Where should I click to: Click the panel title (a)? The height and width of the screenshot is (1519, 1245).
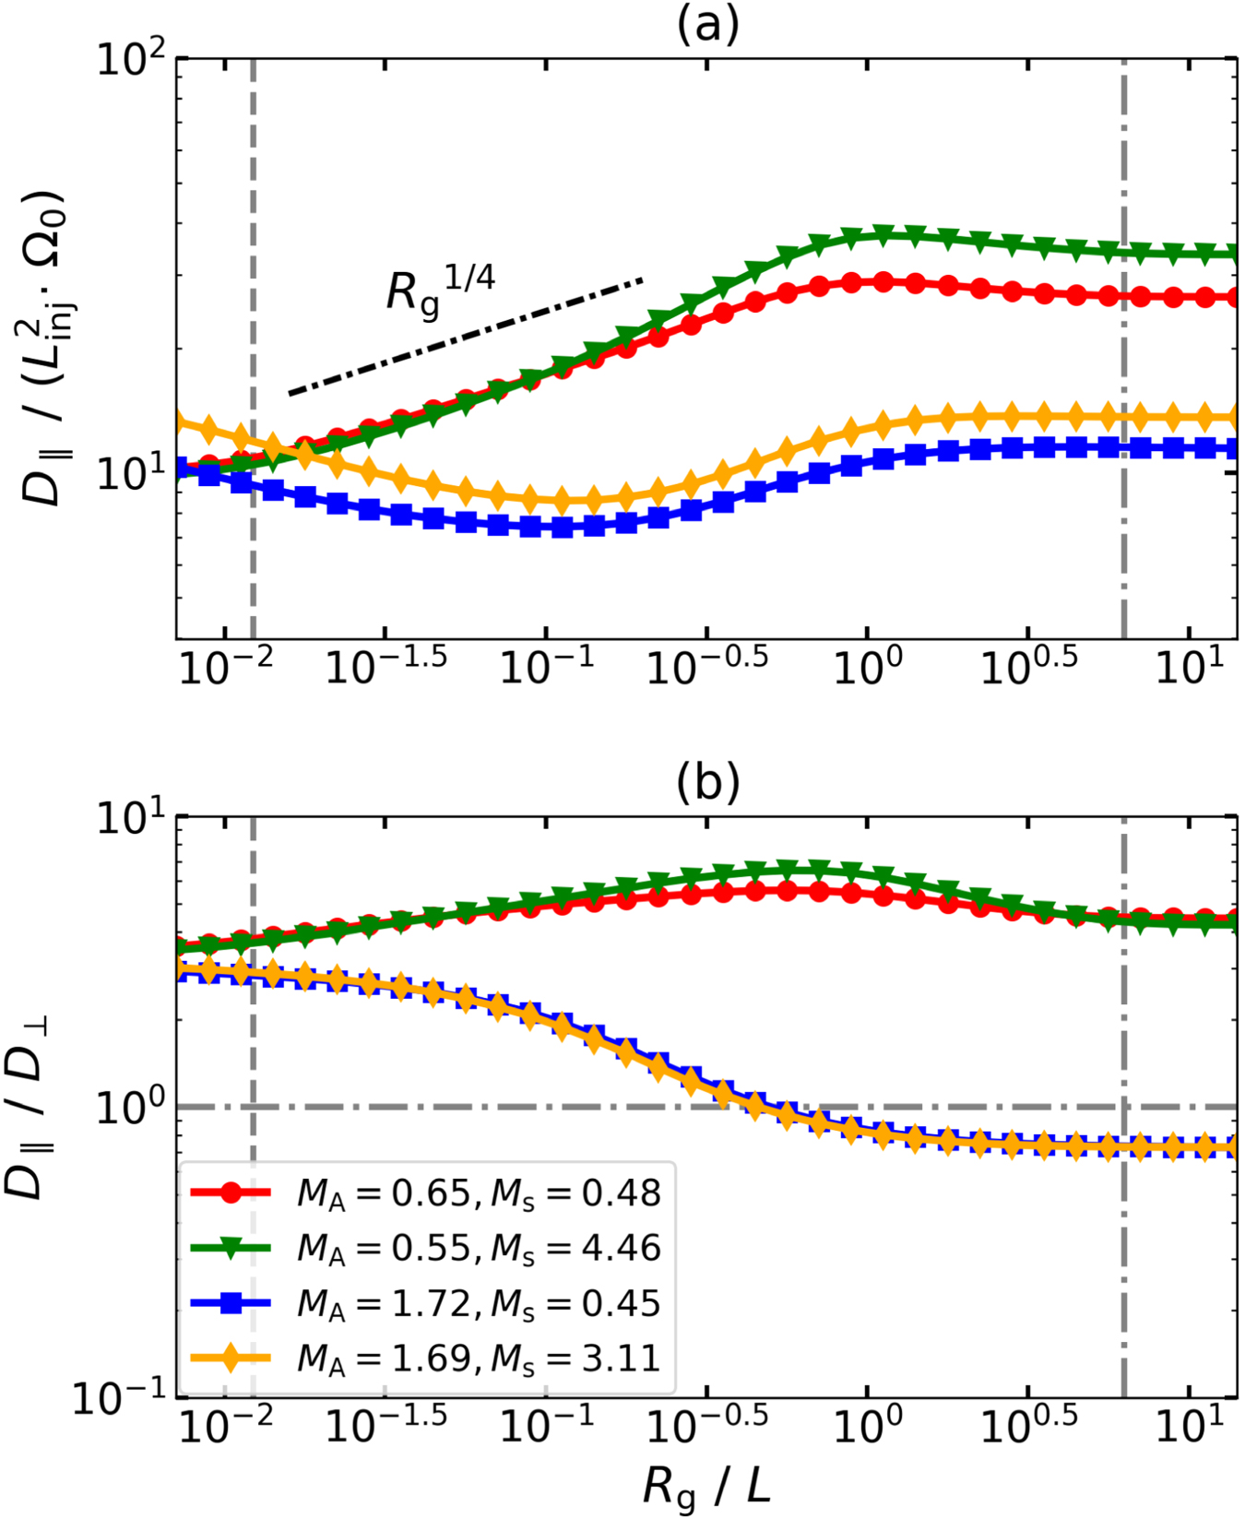[707, 26]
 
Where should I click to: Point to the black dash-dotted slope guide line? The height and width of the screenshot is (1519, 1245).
[466, 336]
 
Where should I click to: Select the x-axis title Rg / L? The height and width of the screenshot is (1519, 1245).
[706, 1485]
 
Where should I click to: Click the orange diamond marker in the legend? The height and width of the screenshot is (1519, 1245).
[231, 1358]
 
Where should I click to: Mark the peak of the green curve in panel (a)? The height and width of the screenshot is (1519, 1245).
[883, 234]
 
